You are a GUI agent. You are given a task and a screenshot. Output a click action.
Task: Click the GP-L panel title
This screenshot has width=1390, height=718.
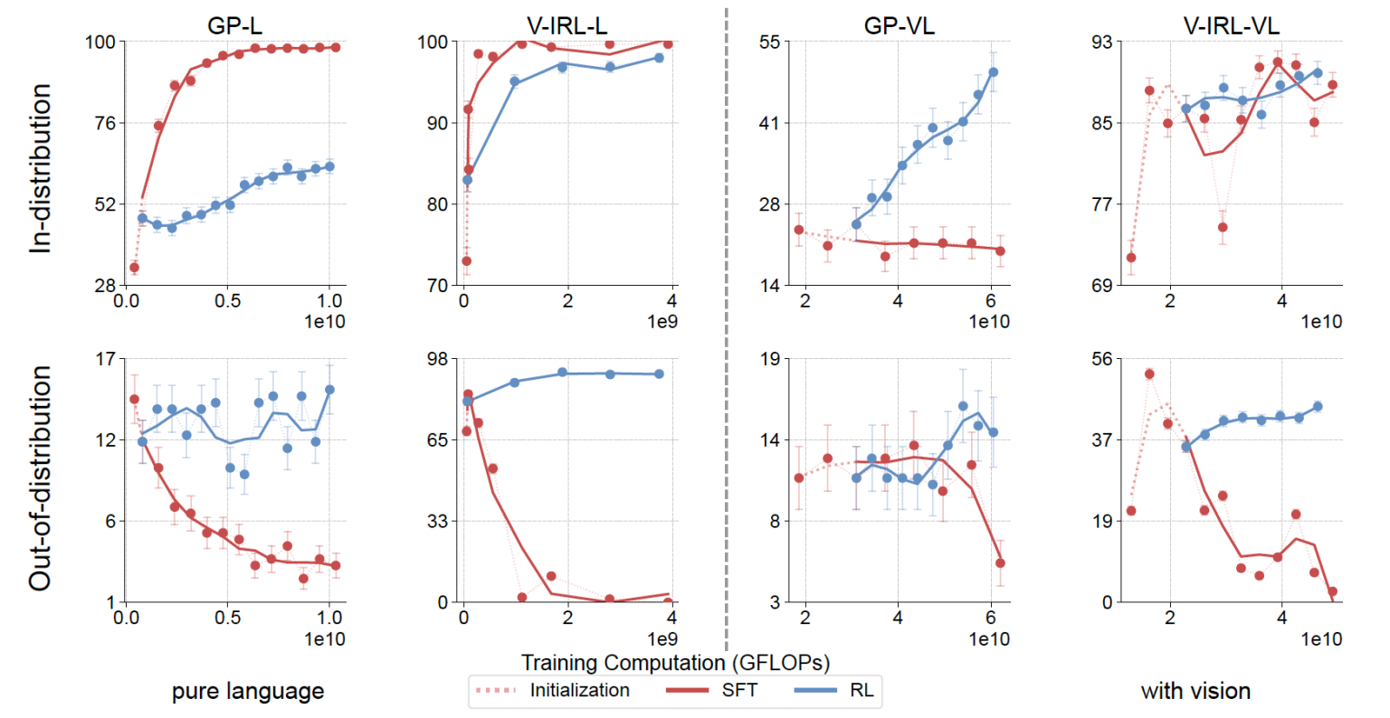(234, 25)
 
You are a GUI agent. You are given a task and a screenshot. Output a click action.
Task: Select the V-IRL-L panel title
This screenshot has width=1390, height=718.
(566, 25)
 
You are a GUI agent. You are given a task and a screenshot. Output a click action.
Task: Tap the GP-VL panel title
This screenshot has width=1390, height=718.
(899, 25)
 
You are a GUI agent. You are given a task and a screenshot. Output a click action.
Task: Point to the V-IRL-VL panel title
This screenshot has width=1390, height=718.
(1231, 25)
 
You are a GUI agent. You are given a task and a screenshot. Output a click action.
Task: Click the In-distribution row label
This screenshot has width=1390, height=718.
(41, 168)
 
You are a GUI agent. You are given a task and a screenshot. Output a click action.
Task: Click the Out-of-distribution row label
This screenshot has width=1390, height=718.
(41, 478)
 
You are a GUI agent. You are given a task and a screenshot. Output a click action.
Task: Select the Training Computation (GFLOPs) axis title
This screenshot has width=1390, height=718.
(675, 663)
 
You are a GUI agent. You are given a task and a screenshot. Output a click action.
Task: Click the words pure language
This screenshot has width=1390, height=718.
(248, 692)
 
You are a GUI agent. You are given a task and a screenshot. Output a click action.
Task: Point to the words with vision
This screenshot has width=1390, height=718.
(1195, 692)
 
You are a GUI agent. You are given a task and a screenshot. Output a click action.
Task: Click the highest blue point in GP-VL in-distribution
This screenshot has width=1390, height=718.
(993, 72)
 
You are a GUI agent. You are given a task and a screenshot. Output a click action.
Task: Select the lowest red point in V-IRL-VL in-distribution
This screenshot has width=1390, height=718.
(1131, 258)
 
